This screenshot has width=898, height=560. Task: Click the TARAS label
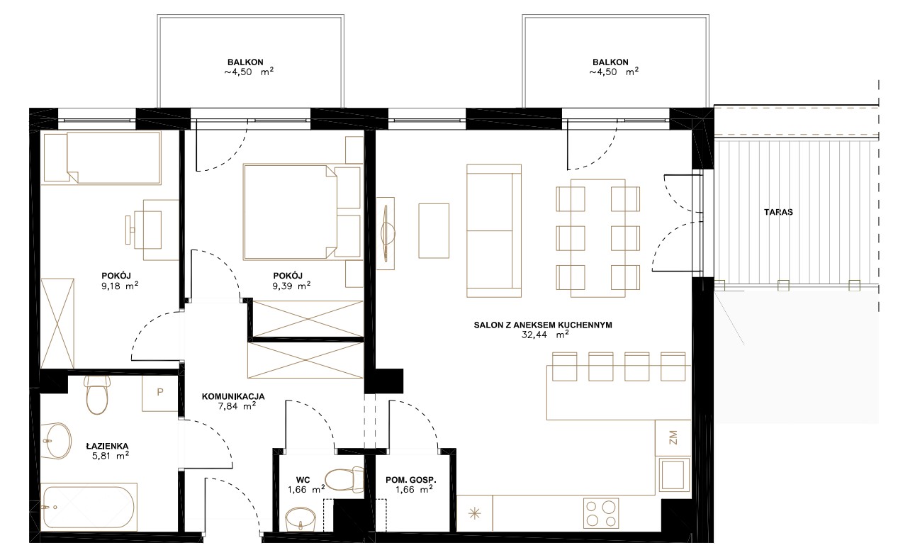pyautogui.click(x=778, y=212)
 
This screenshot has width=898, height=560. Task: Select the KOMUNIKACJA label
pyautogui.click(x=233, y=396)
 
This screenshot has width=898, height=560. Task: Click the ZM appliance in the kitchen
pyautogui.click(x=673, y=437)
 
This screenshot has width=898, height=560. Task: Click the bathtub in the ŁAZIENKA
pyautogui.click(x=89, y=507)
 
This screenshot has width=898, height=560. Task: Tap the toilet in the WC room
pyautogui.click(x=344, y=480)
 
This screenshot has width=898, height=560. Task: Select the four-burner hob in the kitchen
pyautogui.click(x=601, y=513)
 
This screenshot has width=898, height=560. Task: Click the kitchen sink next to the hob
pyautogui.click(x=673, y=475)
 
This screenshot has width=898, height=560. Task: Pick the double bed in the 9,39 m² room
pyautogui.click(x=302, y=212)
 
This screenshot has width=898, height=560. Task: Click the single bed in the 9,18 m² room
pyautogui.click(x=101, y=158)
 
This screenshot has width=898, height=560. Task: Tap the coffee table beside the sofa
pyautogui.click(x=434, y=230)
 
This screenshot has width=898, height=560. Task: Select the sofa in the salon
pyautogui.click(x=494, y=230)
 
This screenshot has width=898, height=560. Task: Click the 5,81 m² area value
pyautogui.click(x=111, y=456)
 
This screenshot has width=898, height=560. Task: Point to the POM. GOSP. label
pyautogui.click(x=411, y=480)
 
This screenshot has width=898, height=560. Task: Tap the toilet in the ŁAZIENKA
pyautogui.click(x=97, y=395)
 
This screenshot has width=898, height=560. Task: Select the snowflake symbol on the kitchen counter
pyautogui.click(x=475, y=513)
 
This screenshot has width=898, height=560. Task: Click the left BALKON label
pyautogui.click(x=245, y=62)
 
